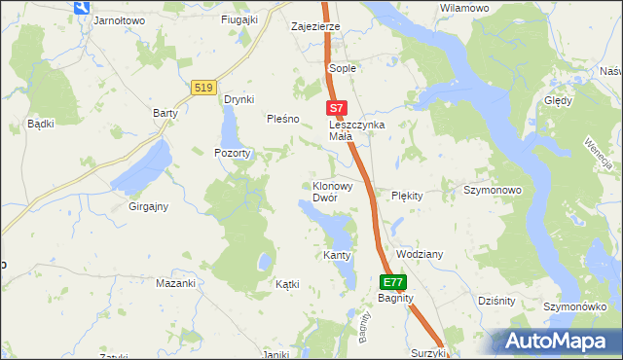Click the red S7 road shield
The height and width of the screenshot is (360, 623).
coord(335,109)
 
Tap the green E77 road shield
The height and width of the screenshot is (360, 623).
coord(392,282)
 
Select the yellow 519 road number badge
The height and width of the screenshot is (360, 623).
coord(203,88)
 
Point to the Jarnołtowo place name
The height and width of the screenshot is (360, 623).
coord(118,19)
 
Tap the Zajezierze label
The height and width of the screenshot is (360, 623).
coord(315,26)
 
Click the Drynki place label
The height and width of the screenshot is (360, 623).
coord(238,99)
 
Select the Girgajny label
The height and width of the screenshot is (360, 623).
coord(149,206)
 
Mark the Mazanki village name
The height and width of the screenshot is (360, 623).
coord(176,283)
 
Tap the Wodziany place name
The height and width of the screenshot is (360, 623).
coord(420,254)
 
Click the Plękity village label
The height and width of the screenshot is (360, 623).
coord(407,196)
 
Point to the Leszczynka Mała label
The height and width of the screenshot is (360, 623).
coord(356,130)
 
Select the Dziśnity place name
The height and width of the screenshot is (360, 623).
coord(496,301)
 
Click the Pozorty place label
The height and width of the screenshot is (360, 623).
coord(233,153)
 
